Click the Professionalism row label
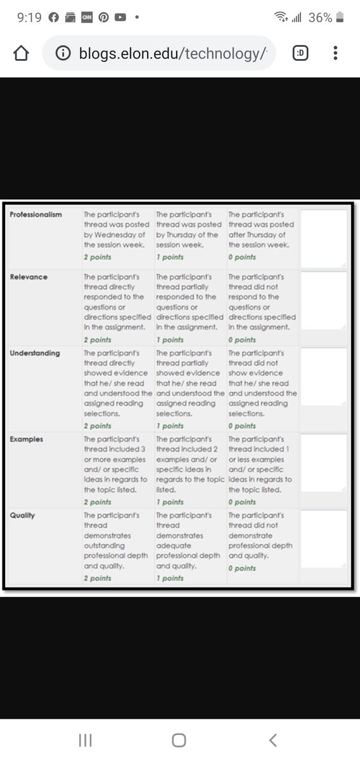(35, 214)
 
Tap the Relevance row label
(29, 276)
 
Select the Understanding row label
(35, 353)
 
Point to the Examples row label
(27, 439)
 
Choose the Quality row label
(22, 515)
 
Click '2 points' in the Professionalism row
(98, 257)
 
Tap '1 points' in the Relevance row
(170, 340)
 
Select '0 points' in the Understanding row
(242, 426)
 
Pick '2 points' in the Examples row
(98, 502)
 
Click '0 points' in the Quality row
(242, 568)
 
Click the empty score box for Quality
(323, 539)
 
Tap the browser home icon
(22, 54)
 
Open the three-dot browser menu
(335, 54)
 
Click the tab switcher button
(300, 54)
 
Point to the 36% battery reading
(319, 18)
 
